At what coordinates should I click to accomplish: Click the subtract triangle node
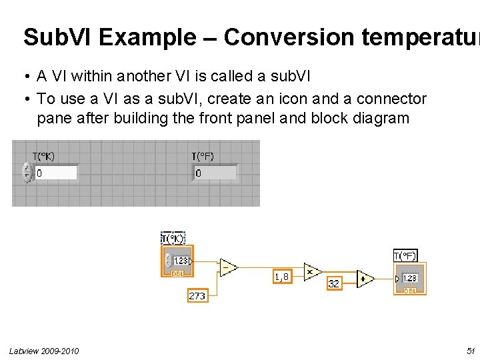tap(228, 267)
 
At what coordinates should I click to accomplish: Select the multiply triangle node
tap(312, 271)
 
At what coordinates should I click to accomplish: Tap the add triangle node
tap(365, 279)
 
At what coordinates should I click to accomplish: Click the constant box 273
tap(197, 295)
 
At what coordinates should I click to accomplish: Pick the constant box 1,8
tap(282, 275)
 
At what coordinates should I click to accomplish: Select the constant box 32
tap(334, 283)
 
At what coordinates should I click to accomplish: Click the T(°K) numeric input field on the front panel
tap(55, 173)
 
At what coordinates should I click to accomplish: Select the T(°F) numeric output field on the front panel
tap(215, 173)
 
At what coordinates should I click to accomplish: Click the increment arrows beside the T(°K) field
tap(27, 173)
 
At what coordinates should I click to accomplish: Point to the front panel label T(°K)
tap(44, 157)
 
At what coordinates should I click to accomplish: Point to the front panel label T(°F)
tap(203, 157)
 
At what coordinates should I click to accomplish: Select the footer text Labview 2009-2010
tap(44, 351)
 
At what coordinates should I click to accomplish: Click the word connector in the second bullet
tap(385, 99)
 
